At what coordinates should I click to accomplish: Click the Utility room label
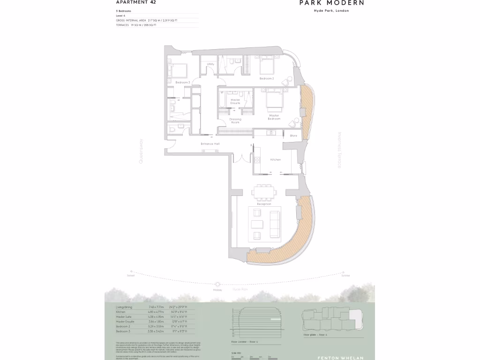210,64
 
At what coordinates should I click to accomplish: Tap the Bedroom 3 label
182,82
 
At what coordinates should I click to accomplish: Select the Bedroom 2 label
267,79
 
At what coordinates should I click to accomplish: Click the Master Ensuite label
235,101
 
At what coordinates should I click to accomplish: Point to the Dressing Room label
235,120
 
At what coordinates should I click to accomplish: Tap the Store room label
293,136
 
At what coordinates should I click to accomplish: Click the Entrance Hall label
210,144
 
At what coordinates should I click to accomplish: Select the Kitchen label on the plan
275,160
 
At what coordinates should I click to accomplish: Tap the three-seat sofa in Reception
274,223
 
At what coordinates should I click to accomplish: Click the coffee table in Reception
257,223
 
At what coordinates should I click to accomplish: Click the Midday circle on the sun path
217,284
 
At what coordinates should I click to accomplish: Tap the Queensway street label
140,151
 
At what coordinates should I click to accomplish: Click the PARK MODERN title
331,3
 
